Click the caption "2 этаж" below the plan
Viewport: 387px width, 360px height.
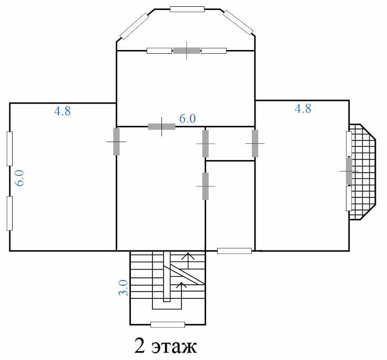click(166, 346)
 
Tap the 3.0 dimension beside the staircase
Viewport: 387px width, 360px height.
click(124, 287)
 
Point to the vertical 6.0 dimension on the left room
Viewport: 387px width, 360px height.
click(19, 178)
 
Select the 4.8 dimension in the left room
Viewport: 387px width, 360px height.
click(63, 111)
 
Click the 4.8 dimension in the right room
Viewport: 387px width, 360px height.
click(303, 108)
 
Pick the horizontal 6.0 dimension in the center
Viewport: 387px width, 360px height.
click(187, 118)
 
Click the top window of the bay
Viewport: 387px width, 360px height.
click(187, 9)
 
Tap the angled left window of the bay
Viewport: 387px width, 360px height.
click(134, 26)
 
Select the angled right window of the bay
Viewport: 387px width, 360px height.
click(238, 23)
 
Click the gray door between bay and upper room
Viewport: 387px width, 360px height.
click(187, 51)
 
